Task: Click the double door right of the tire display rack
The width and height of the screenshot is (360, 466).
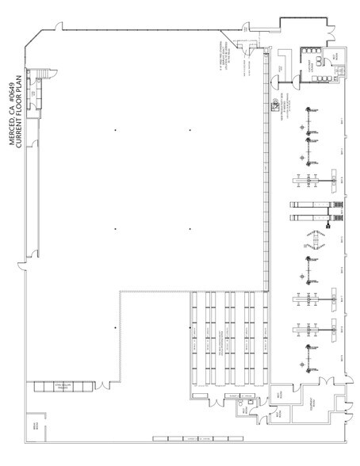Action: tap(104, 386)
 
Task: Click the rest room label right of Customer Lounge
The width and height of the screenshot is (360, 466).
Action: tap(336, 56)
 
